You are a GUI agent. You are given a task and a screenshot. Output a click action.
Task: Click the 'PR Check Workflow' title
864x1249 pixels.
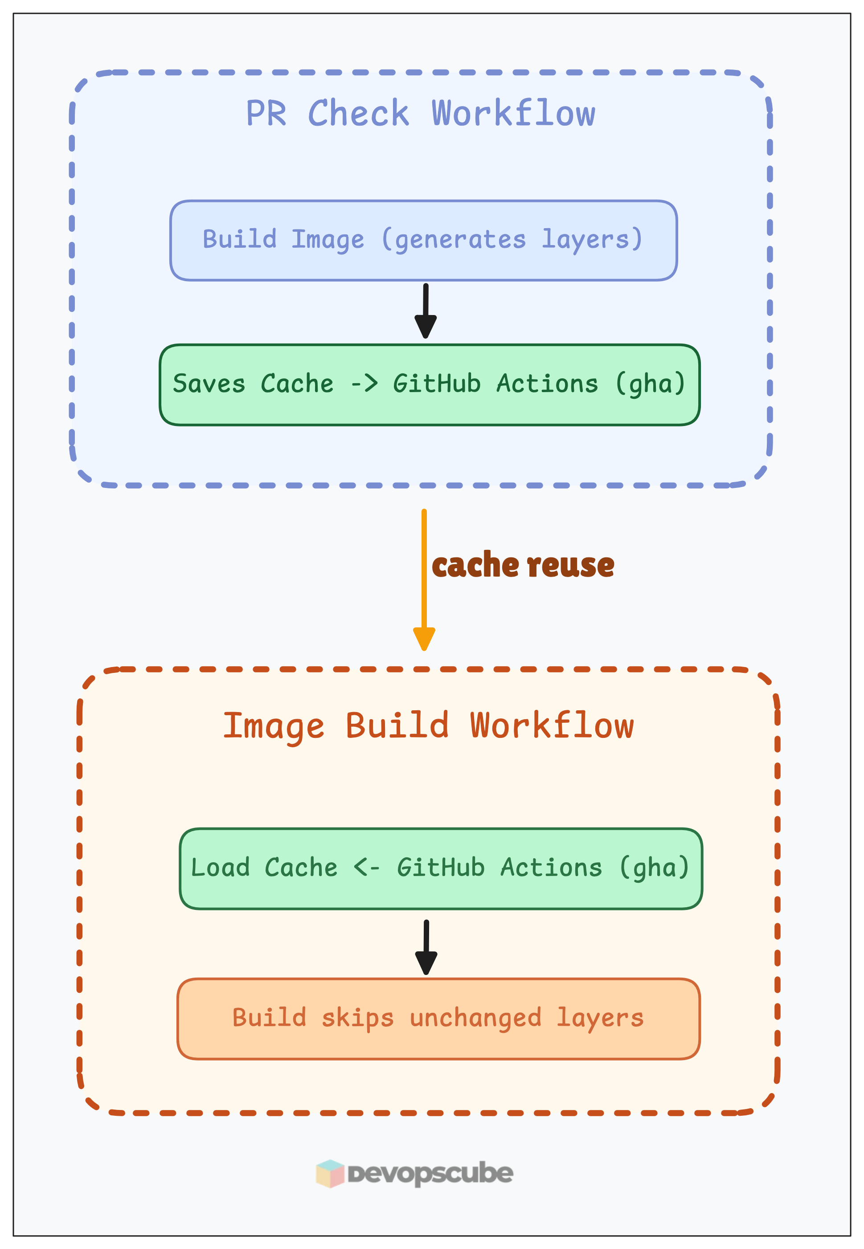coord(420,113)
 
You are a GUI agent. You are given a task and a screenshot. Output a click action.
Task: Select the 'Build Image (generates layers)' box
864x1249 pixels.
coord(423,240)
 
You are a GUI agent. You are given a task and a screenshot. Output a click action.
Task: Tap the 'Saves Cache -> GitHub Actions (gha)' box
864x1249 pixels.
coord(429,385)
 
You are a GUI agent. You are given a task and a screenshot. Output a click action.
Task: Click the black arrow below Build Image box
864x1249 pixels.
coord(426,311)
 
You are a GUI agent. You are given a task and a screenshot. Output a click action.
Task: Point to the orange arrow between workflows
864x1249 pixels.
coord(424,579)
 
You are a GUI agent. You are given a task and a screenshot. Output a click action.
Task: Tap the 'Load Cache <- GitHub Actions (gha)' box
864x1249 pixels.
coord(440,868)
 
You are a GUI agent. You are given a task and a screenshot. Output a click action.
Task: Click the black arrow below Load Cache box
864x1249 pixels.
coord(426,947)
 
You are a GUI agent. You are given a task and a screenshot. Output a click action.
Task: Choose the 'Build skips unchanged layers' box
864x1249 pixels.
coord(438,1018)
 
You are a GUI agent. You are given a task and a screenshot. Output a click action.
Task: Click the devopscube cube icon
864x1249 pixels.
coord(330,1173)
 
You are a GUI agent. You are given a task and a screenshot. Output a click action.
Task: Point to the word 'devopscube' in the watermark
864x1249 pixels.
coord(430,1173)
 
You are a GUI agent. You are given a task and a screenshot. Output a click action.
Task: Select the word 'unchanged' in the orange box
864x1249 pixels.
coord(475,1018)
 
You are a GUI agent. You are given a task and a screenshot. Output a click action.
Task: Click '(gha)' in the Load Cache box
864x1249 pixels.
coord(654,868)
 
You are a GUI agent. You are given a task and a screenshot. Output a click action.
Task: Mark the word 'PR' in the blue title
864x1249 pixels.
coord(266,114)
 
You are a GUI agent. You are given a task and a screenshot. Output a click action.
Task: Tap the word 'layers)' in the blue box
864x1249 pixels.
coord(592,239)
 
